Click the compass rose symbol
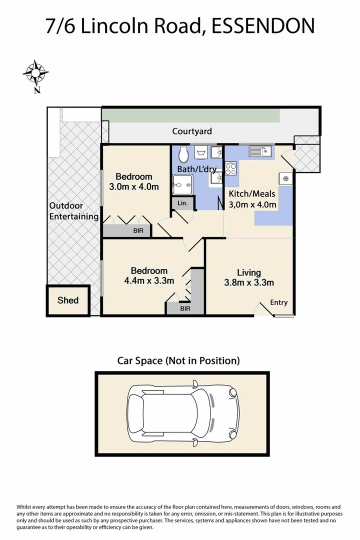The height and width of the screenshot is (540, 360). pyautogui.click(x=35, y=73)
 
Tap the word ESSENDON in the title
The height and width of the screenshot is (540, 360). pyautogui.click(x=263, y=25)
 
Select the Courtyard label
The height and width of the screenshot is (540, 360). pyautogui.click(x=192, y=131)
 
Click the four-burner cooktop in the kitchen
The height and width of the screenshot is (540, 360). pyautogui.click(x=231, y=168)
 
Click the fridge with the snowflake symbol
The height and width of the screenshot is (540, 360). pyautogui.click(x=285, y=178)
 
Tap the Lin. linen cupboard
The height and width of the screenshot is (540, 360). pyautogui.click(x=182, y=203)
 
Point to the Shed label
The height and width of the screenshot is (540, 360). pyautogui.click(x=68, y=300)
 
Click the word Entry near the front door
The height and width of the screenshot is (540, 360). pyautogui.click(x=279, y=302)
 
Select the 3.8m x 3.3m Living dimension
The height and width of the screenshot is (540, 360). pyautogui.click(x=249, y=282)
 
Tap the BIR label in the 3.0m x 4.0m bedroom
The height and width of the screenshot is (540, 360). pyautogui.click(x=137, y=231)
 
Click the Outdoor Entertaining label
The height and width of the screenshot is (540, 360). pyautogui.click(x=73, y=211)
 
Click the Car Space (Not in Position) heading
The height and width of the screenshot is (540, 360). pyautogui.click(x=178, y=360)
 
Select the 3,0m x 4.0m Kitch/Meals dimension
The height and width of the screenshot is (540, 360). pyautogui.click(x=252, y=204)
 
